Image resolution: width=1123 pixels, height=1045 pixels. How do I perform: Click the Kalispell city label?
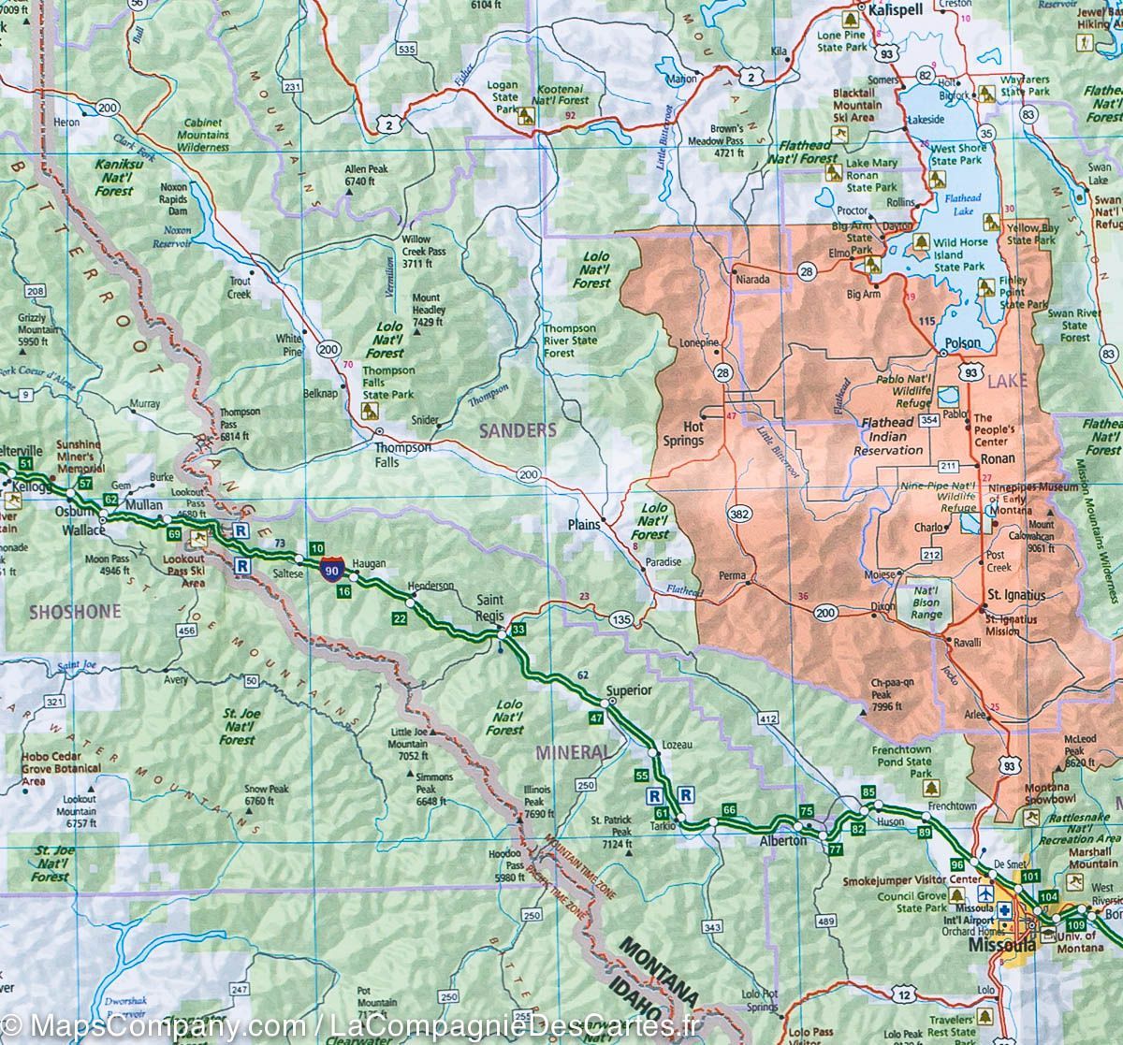[896, 8]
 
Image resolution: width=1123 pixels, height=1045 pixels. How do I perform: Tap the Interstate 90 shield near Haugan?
[330, 568]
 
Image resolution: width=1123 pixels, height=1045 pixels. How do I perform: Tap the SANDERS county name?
[518, 430]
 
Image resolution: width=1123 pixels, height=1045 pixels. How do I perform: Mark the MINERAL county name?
[573, 752]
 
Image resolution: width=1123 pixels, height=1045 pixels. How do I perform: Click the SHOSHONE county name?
[75, 612]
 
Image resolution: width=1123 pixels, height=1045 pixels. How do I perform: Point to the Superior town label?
[628, 690]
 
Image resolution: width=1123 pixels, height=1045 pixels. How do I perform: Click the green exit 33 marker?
[518, 630]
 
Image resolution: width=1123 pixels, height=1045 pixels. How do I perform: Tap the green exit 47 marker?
[595, 718]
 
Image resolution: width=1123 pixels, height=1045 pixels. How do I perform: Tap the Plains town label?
[583, 525]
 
